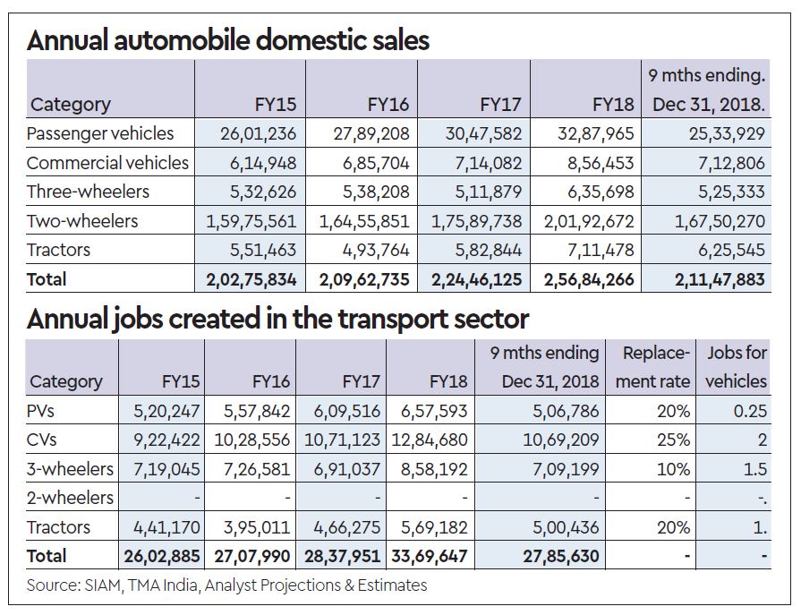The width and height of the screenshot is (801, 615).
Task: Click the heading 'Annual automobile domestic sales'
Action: coord(227,41)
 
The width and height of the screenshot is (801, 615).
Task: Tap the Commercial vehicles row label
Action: coord(107,163)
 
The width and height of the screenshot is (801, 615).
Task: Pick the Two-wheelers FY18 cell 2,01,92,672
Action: coord(589,221)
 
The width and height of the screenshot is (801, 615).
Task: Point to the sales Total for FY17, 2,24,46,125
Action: coord(476,279)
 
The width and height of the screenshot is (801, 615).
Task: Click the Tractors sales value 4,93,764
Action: coord(372,250)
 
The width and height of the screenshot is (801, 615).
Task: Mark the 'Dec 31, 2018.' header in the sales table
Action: coord(709,105)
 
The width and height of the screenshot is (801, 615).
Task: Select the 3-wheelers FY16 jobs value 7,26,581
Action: coord(253,468)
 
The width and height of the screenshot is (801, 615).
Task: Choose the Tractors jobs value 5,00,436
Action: coord(564,526)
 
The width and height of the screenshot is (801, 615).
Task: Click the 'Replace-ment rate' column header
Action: coord(657,367)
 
